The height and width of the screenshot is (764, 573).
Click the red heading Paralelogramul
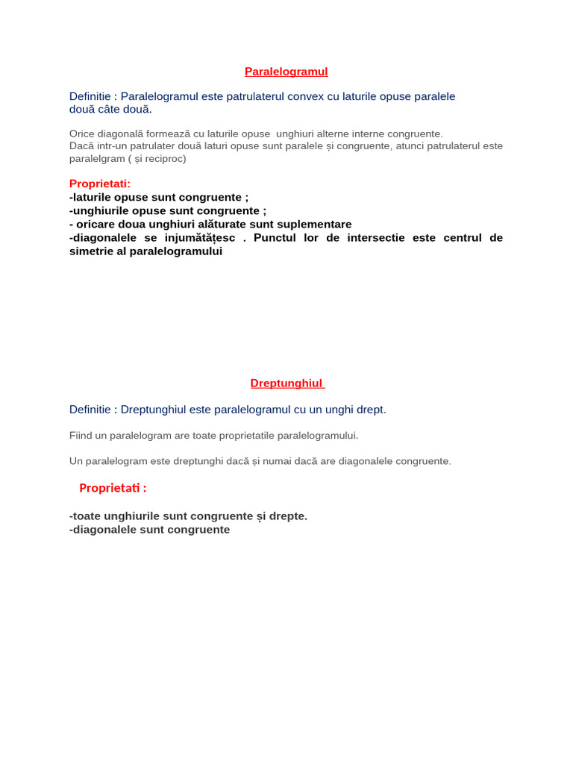coord(286,72)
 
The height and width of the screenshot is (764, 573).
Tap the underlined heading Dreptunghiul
coord(286,383)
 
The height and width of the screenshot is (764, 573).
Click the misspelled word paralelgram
coord(95,158)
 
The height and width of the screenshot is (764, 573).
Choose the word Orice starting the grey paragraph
coord(82,134)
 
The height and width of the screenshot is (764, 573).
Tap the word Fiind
coord(82,435)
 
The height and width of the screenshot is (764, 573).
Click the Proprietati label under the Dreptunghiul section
coord(113,488)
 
